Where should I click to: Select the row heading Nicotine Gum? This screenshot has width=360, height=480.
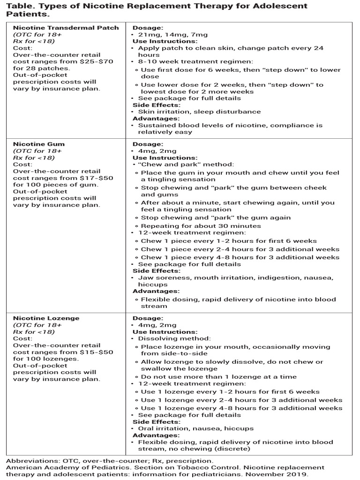[39, 144]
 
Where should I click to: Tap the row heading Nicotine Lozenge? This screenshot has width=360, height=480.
[46, 318]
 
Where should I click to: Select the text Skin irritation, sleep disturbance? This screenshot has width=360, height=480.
[199, 112]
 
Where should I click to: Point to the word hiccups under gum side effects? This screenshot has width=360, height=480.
[152, 285]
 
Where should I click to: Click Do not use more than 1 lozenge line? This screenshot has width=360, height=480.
[218, 377]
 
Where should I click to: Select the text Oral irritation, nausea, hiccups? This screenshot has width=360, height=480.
[195, 428]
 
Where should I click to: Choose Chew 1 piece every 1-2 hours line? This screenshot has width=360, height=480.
[229, 241]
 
